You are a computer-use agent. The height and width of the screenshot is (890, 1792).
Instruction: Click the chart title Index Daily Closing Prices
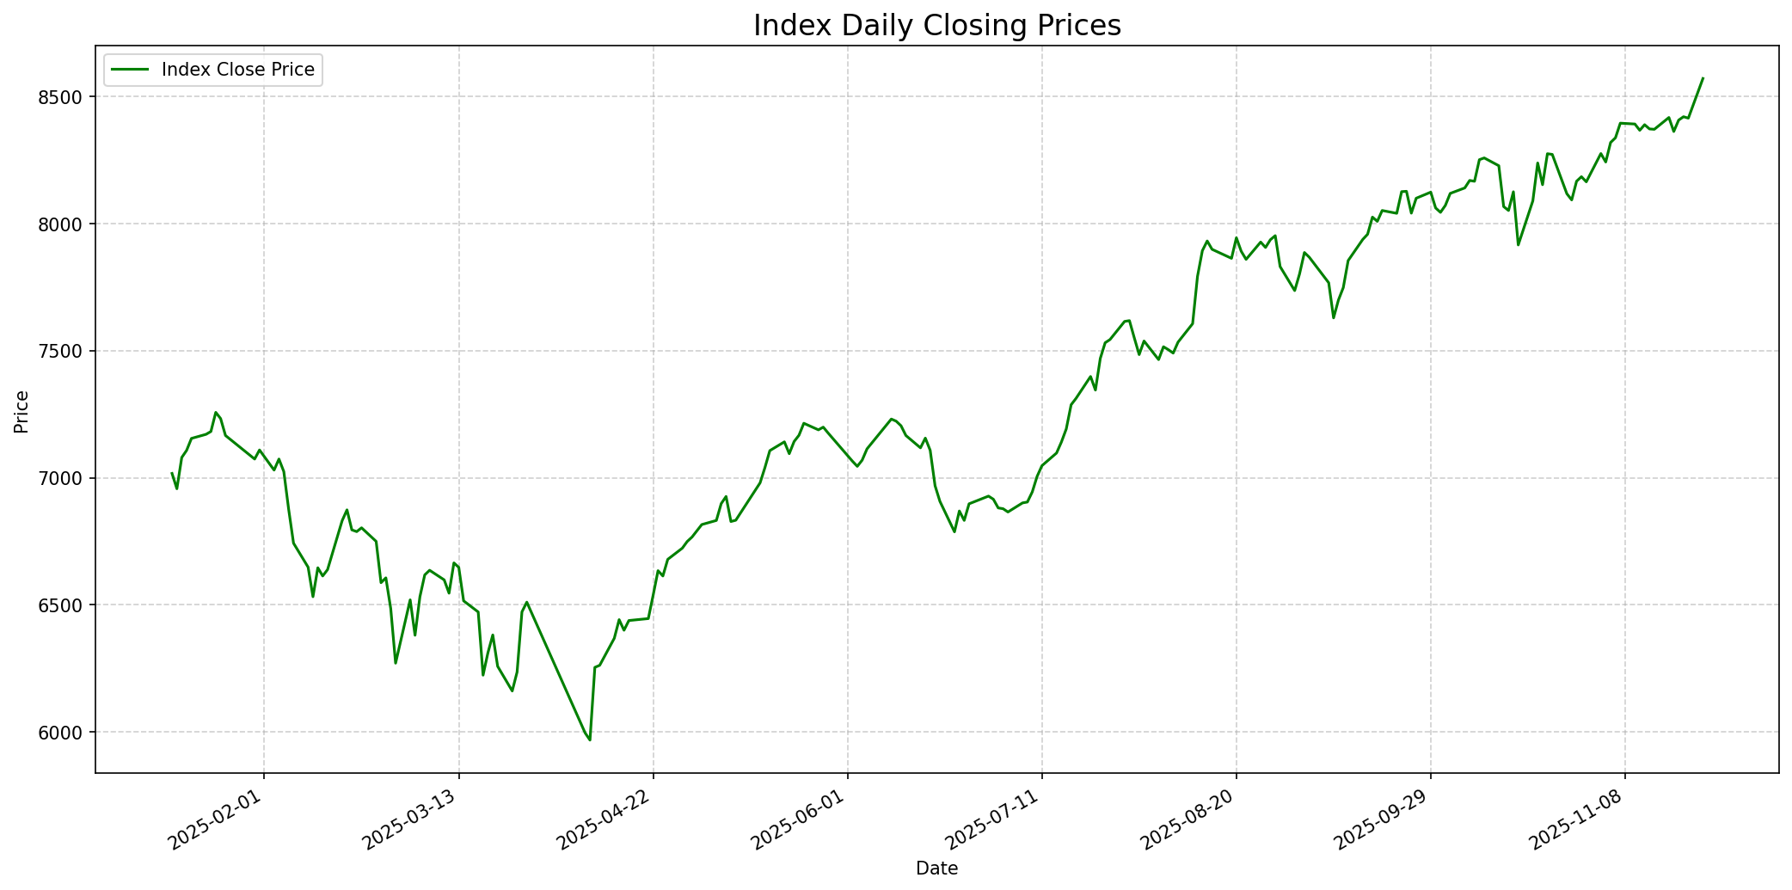(x=936, y=26)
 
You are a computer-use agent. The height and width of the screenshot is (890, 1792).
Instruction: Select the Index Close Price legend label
(x=238, y=70)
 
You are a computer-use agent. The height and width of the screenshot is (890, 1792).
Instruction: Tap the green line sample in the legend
(x=129, y=70)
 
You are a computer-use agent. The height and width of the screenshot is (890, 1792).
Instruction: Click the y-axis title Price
(x=21, y=412)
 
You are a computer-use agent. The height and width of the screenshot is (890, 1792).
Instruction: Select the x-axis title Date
(x=936, y=869)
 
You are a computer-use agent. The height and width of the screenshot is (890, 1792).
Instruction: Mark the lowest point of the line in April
(x=590, y=740)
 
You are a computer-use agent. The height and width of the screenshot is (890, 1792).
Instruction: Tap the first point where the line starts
(x=172, y=473)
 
